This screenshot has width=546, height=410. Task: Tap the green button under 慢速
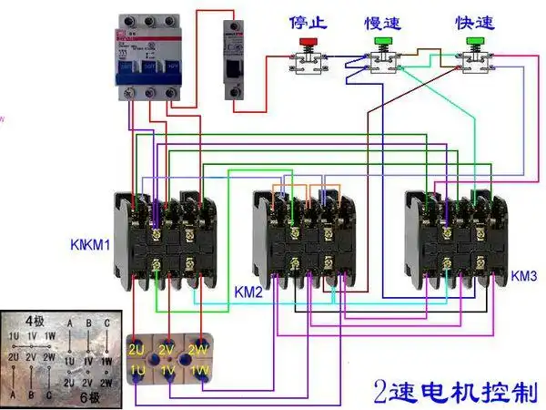[x=384, y=42]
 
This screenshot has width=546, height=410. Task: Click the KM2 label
[x=248, y=292]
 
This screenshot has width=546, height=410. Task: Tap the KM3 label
[x=525, y=275]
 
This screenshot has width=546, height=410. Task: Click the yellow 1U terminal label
[x=137, y=370]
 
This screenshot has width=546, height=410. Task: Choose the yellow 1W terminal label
[x=199, y=370]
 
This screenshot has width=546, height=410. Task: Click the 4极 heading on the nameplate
[x=35, y=321]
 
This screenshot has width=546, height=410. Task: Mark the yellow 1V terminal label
[x=167, y=370]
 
